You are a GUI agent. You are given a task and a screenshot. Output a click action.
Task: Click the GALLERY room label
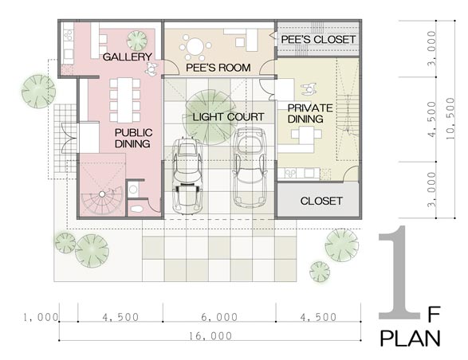pos(128,57)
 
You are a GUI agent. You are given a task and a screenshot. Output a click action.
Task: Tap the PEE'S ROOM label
pos(218,68)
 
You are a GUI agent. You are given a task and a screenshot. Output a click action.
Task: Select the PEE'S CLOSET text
pos(318,39)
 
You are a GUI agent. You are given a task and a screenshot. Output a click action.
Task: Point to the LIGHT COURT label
pos(228,117)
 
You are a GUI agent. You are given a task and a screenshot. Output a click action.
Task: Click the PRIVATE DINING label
pos(310,113)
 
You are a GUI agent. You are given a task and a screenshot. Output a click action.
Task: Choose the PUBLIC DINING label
pos(133,138)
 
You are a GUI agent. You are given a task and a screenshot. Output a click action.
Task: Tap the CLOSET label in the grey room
pos(321,201)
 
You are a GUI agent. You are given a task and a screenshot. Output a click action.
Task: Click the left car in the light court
pos(187,176)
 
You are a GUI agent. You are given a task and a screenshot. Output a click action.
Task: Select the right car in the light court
pos(250,167)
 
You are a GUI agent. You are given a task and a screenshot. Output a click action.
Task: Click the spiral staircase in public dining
pos(102,199)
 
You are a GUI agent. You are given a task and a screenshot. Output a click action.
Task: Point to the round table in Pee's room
pos(195,47)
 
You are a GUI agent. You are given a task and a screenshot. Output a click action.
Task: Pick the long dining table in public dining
pos(124,100)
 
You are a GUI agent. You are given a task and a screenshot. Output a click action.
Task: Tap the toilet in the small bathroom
pos(136,209)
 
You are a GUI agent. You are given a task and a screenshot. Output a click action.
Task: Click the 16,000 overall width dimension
pos(210,336)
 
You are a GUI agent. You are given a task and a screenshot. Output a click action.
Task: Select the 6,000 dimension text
pos(219,317)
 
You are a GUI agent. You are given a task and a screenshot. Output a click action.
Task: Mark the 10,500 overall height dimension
pos(450,119)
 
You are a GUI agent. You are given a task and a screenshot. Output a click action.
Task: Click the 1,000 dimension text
pos(41,317)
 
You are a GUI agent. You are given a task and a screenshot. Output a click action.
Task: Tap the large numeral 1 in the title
pos(399,272)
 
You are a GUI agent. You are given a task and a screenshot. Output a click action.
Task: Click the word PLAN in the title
pos(411,338)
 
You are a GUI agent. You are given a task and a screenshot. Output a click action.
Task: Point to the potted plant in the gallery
pos(137,41)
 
